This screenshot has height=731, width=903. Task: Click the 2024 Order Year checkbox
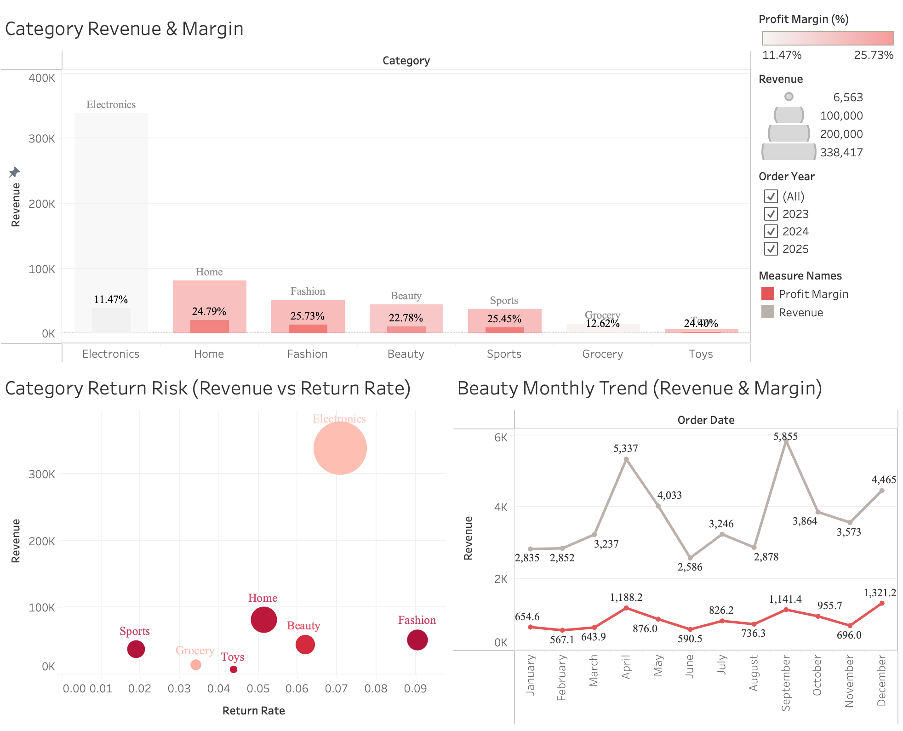(771, 231)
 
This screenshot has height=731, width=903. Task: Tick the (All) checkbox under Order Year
(771, 196)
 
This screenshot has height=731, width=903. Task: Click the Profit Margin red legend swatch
(767, 294)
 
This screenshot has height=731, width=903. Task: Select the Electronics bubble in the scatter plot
(340, 448)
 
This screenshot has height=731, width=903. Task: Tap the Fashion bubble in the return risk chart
(417, 640)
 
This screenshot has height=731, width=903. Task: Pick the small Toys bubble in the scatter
(234, 669)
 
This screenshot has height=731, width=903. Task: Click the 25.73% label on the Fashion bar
(307, 316)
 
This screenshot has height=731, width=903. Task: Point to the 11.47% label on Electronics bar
(111, 299)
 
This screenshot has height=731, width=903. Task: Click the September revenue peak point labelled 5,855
(786, 440)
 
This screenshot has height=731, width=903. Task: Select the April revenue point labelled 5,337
(626, 459)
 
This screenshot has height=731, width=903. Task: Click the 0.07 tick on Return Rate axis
(336, 688)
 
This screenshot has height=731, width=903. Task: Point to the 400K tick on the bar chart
(42, 78)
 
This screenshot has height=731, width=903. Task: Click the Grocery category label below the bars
(602, 354)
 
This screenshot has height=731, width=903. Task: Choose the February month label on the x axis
(561, 677)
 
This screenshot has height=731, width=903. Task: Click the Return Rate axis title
(253, 710)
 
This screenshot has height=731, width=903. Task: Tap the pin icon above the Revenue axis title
(14, 172)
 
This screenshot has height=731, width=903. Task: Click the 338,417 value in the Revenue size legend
(841, 152)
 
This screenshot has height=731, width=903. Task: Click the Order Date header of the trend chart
(705, 420)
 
